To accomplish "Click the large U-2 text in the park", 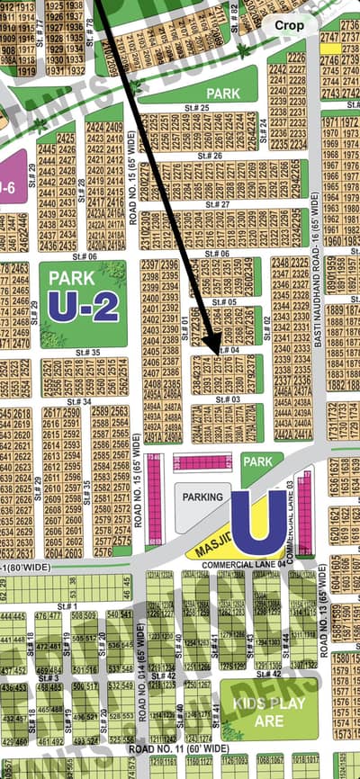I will point(83,307).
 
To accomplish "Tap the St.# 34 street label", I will point(79,401).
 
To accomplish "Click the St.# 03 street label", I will point(228,398).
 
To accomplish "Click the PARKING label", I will point(202,496).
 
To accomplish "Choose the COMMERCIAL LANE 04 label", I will point(238,564).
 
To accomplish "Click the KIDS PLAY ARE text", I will point(257,711).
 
